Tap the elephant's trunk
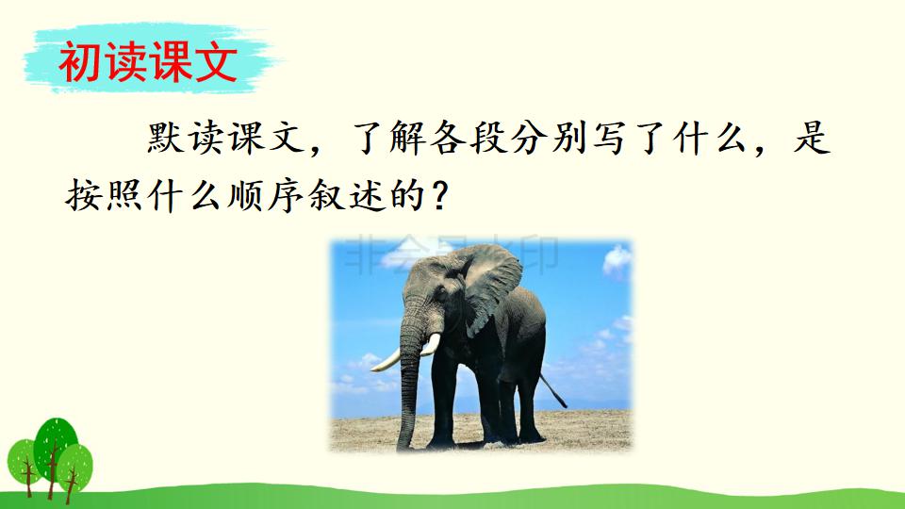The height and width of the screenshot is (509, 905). (409, 377)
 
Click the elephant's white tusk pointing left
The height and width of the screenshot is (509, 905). (386, 360)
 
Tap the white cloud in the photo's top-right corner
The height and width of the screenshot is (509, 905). (617, 259)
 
